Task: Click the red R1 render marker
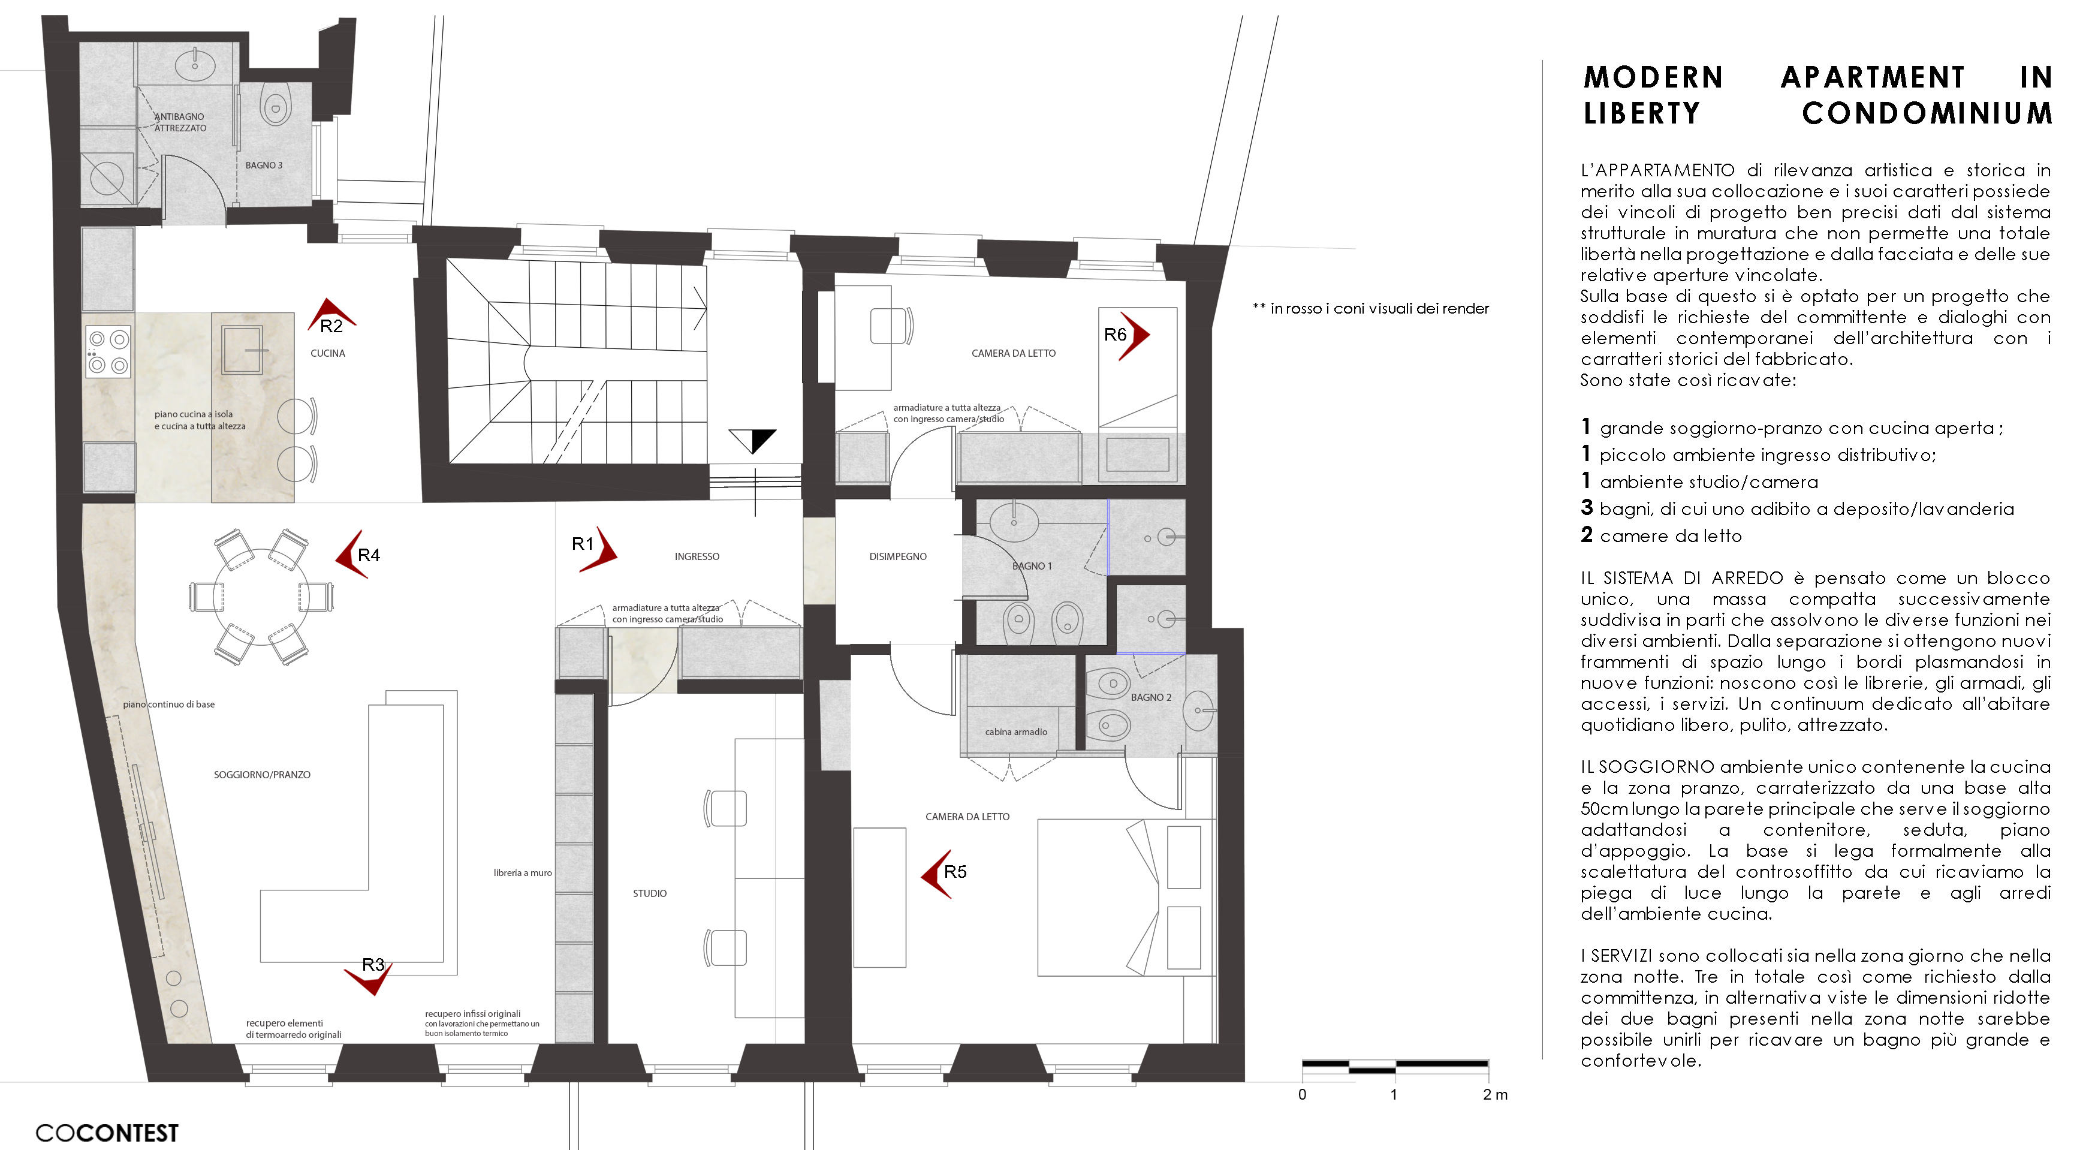point(595,547)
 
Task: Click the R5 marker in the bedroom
point(942,873)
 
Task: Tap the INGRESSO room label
point(697,557)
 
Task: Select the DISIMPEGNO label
point(897,557)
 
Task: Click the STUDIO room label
point(649,893)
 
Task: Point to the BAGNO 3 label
point(264,165)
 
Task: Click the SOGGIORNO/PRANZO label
point(261,775)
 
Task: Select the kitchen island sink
point(242,348)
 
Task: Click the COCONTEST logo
point(107,1133)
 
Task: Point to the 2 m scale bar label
point(1494,1095)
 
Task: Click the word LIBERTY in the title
point(1641,113)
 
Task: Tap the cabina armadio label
point(1015,732)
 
